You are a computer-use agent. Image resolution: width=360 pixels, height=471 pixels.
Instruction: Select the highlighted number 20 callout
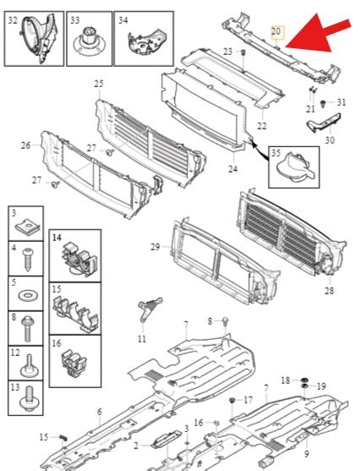[276, 31]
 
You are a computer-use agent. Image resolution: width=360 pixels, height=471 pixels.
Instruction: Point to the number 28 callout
[328, 291]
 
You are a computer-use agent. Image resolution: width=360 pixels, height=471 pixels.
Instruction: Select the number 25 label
[99, 84]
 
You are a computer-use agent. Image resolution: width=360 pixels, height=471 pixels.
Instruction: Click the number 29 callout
[155, 246]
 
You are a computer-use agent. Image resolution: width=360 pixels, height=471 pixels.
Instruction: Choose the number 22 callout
[262, 126]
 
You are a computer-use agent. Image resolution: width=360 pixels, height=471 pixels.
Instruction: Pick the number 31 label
[341, 102]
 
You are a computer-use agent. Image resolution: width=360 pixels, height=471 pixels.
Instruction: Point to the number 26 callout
[26, 145]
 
